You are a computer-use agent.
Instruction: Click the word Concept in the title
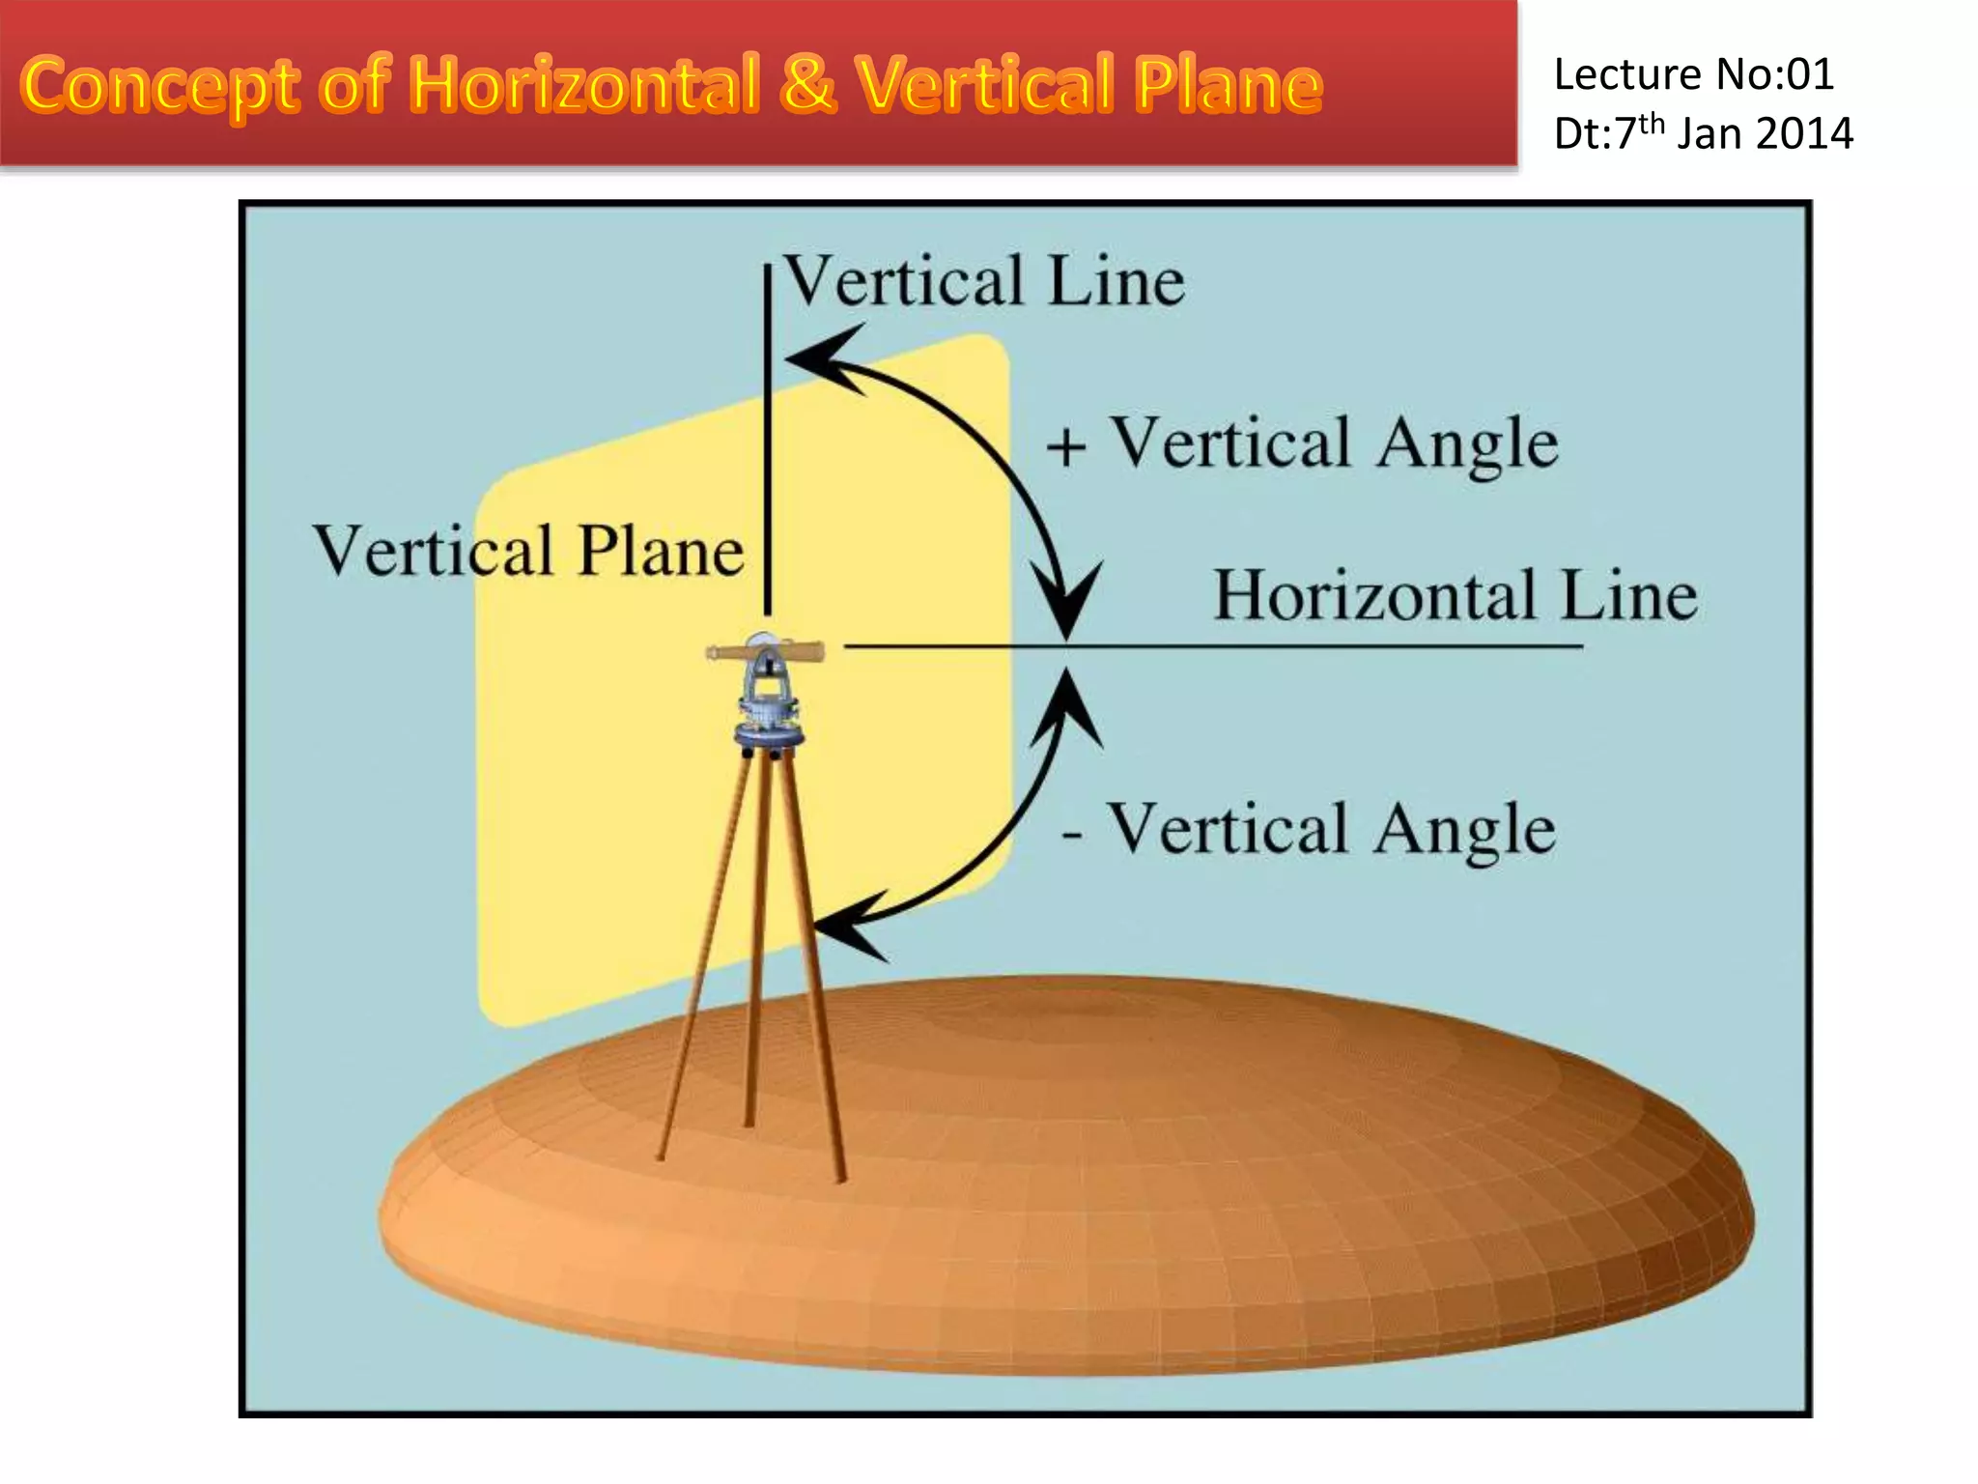[159, 87]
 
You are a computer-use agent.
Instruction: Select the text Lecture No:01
[1693, 75]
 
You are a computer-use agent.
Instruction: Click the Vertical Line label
[983, 281]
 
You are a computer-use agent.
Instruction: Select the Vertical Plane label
[528, 552]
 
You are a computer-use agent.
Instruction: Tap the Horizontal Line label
[1455, 595]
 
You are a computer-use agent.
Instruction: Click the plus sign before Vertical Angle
[1066, 448]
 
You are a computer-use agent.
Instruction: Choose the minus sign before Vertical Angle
[1071, 833]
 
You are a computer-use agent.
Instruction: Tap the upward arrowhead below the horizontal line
[1066, 706]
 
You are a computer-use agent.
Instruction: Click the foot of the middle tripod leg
[749, 1122]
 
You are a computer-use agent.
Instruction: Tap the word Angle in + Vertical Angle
[1467, 444]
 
